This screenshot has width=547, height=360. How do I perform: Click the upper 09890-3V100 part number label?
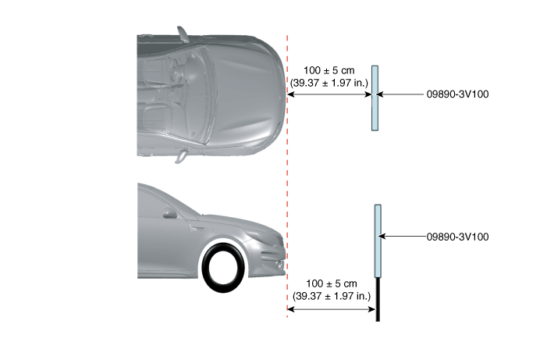(x=457, y=94)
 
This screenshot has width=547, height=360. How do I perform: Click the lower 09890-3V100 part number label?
(x=457, y=237)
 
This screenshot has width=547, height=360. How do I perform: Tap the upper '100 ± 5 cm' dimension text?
(x=329, y=70)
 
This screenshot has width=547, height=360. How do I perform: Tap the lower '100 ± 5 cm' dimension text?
(x=332, y=283)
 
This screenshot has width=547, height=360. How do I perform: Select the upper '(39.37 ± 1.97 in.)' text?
(x=329, y=83)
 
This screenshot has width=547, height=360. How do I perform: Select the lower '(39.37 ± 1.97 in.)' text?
(x=332, y=296)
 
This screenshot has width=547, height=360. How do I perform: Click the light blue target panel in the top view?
(x=375, y=98)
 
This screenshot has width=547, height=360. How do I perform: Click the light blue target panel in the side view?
(x=378, y=241)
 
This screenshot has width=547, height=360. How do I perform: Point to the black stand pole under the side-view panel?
(x=378, y=299)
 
